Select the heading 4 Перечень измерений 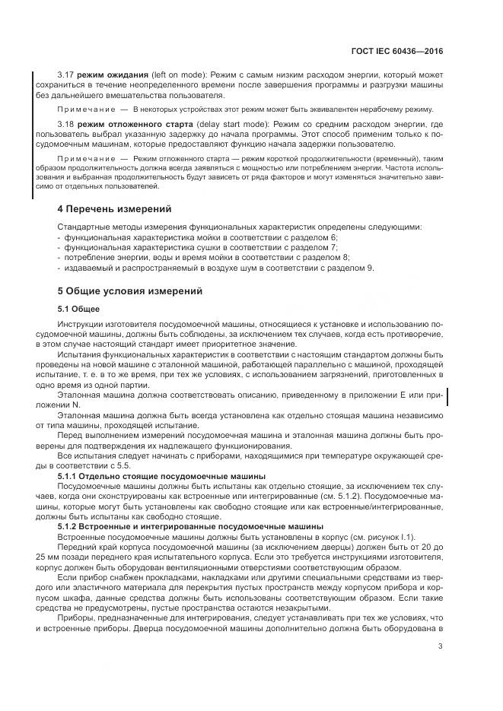click(115, 208)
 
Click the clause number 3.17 click(67, 77)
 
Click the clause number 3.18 click(67, 124)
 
